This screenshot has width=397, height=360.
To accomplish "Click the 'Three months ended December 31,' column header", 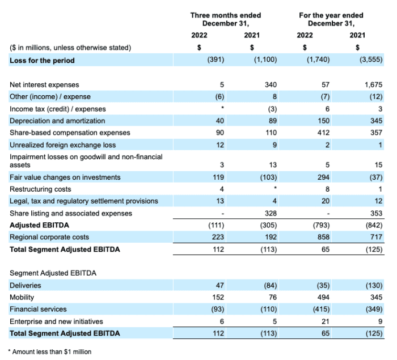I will pos(226,19).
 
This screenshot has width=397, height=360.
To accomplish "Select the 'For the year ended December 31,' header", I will pos(331,19).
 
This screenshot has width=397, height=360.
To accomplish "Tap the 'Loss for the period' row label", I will pos(42,60).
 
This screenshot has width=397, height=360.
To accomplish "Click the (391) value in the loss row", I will pos(217,60).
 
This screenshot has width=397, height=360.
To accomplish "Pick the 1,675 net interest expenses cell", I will pos(374,84).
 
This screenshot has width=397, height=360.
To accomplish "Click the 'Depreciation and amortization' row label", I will pos(57,121).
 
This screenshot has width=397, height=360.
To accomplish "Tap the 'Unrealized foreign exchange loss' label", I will pos(62,145).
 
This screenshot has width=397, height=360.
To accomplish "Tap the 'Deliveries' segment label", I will pos(26,286).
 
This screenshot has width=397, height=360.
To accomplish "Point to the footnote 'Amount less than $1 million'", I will pos(51,352).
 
